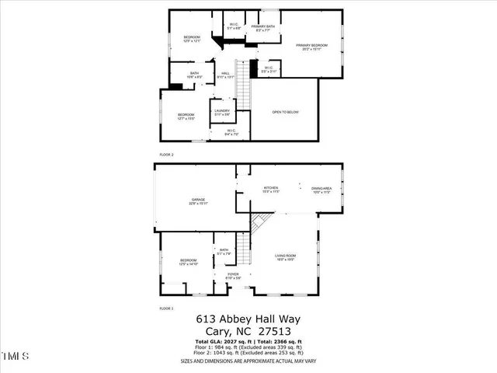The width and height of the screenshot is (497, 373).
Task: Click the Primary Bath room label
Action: [262, 28]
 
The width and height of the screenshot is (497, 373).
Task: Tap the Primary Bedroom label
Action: [312, 46]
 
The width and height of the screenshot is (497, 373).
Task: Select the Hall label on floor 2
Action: [225, 75]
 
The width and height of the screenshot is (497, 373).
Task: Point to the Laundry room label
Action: [221, 113]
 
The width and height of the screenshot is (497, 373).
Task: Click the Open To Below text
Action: [284, 113]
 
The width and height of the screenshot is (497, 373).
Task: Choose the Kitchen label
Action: [270, 189]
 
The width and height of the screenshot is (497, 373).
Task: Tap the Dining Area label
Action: [321, 189]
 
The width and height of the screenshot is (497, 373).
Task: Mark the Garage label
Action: [198, 201]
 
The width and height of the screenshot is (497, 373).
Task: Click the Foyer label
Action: [232, 275]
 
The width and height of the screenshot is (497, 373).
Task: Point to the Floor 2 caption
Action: [167, 155]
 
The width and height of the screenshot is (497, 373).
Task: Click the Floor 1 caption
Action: [167, 309]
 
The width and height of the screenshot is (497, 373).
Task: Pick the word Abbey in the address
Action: [240, 319]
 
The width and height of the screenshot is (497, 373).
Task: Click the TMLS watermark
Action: [15, 357]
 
